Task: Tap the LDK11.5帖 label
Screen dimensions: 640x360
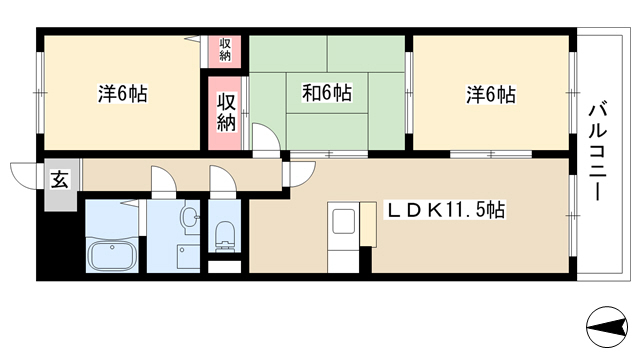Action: pos(446,211)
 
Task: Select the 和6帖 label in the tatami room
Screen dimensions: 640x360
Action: pos(327,93)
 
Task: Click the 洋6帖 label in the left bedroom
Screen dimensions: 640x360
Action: pos(122,94)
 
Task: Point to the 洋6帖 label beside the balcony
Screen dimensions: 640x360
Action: pos(491,95)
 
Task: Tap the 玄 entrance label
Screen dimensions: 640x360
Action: pos(60,179)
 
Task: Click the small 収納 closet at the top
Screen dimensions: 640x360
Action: pos(225,50)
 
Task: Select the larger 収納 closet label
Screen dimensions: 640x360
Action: pos(227,113)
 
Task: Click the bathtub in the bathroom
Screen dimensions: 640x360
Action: pos(112,255)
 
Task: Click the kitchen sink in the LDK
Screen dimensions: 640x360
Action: pos(343,221)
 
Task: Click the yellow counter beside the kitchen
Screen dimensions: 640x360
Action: pos(368,224)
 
